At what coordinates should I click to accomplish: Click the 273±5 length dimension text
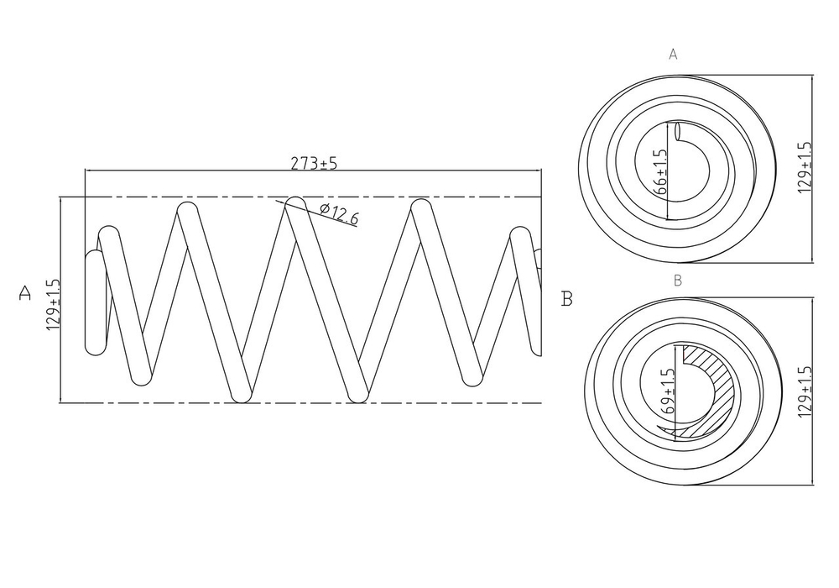pyautogui.click(x=314, y=163)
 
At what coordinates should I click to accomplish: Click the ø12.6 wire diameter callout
pyautogui.click(x=339, y=215)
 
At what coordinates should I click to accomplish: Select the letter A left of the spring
pyautogui.click(x=25, y=294)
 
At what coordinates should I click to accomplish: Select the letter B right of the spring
pyautogui.click(x=567, y=298)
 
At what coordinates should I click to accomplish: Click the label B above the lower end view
pyautogui.click(x=677, y=280)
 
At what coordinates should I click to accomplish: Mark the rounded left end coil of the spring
pyautogui.click(x=96, y=302)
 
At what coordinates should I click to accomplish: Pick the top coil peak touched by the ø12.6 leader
pyautogui.click(x=293, y=204)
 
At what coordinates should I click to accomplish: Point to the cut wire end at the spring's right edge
pyautogui.click(x=538, y=260)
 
